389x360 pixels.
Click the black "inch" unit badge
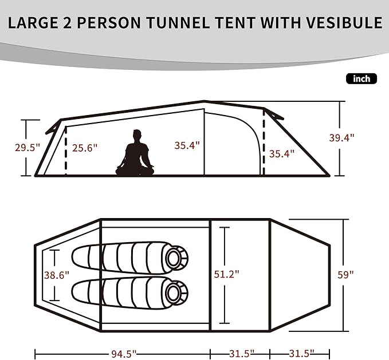coord(362,79)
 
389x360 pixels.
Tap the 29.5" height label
coord(27,147)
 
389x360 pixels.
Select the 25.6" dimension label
coord(85,147)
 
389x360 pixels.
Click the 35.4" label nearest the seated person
coord(187,145)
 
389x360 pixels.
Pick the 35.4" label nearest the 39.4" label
coord(281,153)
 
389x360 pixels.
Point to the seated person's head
coord(137,135)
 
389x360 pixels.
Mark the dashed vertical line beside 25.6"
coord(66,151)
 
